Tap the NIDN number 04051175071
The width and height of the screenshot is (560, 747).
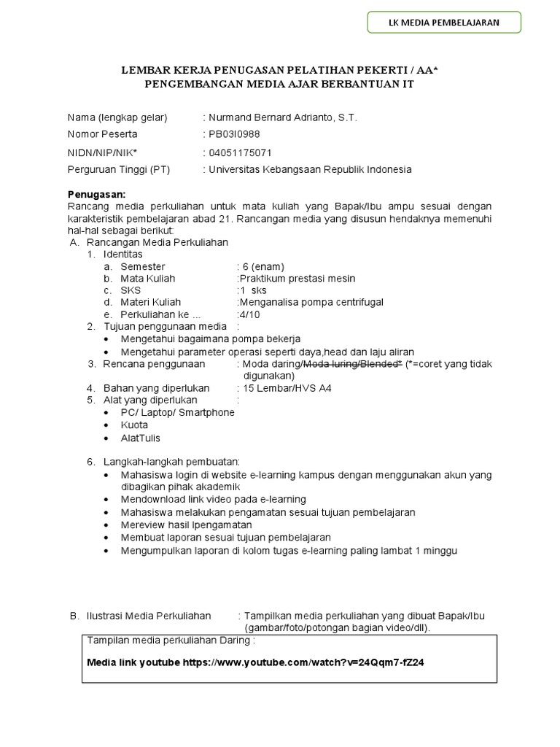point(239,152)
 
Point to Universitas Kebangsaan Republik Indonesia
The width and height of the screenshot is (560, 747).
point(309,169)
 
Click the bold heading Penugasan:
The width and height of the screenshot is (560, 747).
point(96,195)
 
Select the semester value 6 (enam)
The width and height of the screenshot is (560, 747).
point(263,266)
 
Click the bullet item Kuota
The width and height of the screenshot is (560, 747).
point(135,425)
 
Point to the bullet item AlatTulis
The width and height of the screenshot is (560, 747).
point(141,438)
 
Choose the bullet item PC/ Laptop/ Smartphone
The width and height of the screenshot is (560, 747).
point(178,412)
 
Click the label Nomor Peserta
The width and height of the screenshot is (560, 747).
point(102,134)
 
